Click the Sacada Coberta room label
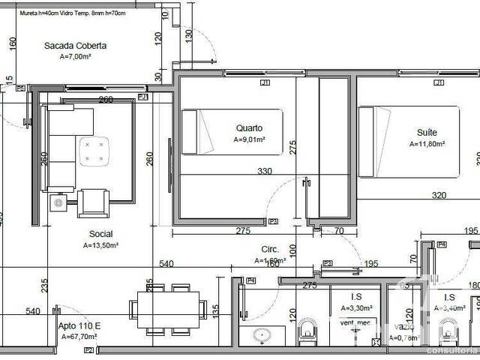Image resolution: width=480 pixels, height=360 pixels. (x=74, y=46)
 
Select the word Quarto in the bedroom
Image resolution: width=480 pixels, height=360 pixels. (x=249, y=127)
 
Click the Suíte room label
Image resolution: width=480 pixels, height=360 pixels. (x=427, y=133)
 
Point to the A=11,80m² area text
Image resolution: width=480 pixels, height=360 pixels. (x=427, y=143)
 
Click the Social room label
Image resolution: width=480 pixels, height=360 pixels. (x=100, y=234)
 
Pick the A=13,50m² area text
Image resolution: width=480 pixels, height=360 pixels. (x=100, y=244)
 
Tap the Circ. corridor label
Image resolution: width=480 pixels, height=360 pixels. (x=270, y=249)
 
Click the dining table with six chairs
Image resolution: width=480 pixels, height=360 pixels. (x=168, y=309)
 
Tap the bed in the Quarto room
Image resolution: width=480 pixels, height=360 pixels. (x=233, y=132)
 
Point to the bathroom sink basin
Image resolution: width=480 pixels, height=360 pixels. (x=262, y=334)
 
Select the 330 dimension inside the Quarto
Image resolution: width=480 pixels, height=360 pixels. (x=265, y=172)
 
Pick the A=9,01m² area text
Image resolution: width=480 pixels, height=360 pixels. (x=249, y=139)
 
